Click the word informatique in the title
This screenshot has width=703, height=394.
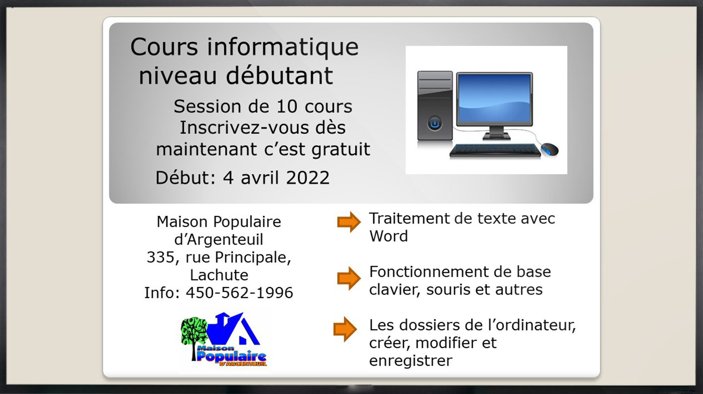[283, 48]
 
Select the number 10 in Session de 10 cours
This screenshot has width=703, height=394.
[287, 106]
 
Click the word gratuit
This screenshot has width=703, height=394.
[341, 149]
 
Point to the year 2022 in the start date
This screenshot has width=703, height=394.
[307, 178]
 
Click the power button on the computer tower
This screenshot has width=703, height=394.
[435, 124]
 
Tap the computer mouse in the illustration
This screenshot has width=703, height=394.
[550, 149]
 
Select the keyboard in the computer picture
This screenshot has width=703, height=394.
[495, 150]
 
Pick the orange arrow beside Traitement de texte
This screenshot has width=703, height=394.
[349, 222]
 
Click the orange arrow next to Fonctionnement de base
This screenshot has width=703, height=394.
[349, 278]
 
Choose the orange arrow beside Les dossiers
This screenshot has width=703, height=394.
[345, 329]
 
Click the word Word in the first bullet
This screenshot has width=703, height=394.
[389, 236]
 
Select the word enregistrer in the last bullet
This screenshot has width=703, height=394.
[410, 361]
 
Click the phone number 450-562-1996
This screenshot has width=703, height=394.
[239, 293]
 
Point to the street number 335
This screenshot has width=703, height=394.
[161, 257]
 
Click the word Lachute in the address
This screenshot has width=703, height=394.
[219, 275]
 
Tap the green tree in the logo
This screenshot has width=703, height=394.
[194, 336]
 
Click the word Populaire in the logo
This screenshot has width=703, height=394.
[231, 356]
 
